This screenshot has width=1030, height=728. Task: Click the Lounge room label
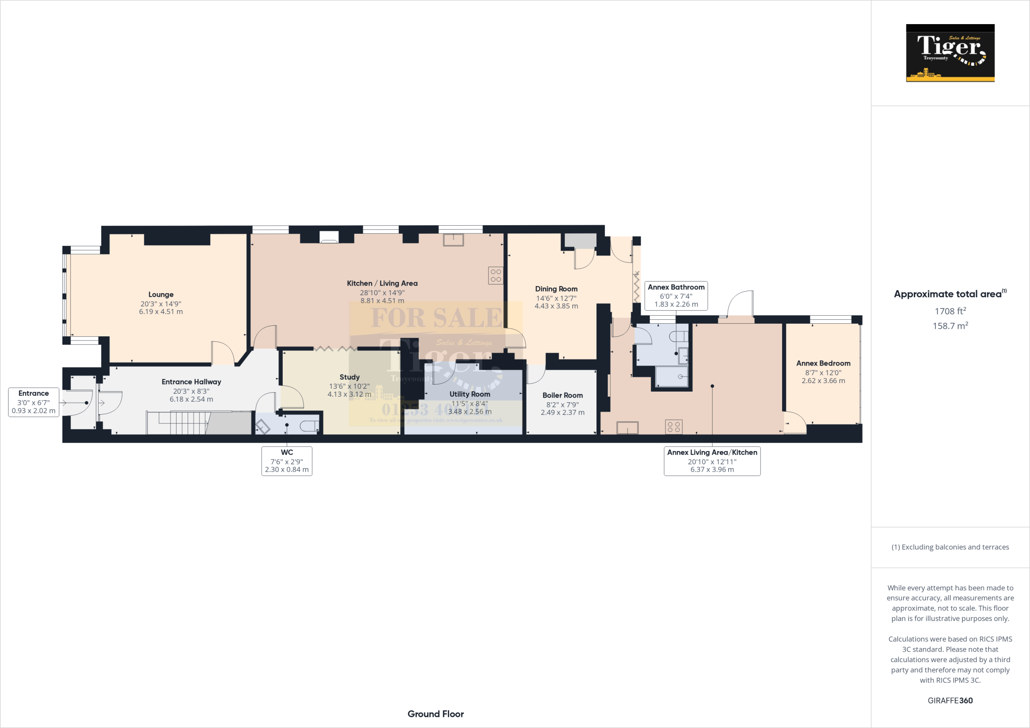161,295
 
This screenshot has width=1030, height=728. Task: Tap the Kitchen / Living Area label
382,284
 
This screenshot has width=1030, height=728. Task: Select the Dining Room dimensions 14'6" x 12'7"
556,298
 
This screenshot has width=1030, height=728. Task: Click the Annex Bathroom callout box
676,296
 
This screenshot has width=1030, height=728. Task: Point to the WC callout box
287,461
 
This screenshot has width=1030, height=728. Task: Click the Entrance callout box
34,402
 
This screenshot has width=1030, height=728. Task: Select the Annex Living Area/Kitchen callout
712,461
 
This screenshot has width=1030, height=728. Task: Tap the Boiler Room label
562,396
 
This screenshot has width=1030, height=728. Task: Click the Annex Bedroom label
823,363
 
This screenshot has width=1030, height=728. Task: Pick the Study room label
350,377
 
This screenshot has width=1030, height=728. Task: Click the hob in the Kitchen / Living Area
495,276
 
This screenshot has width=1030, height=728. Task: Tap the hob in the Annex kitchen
674,427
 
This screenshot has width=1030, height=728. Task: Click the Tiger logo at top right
950,53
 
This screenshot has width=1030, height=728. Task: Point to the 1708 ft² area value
950,311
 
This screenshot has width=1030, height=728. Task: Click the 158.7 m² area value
950,326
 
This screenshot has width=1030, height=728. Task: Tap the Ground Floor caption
436,714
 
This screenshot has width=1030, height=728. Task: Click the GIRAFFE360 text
950,700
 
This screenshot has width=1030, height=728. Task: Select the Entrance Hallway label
191,382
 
